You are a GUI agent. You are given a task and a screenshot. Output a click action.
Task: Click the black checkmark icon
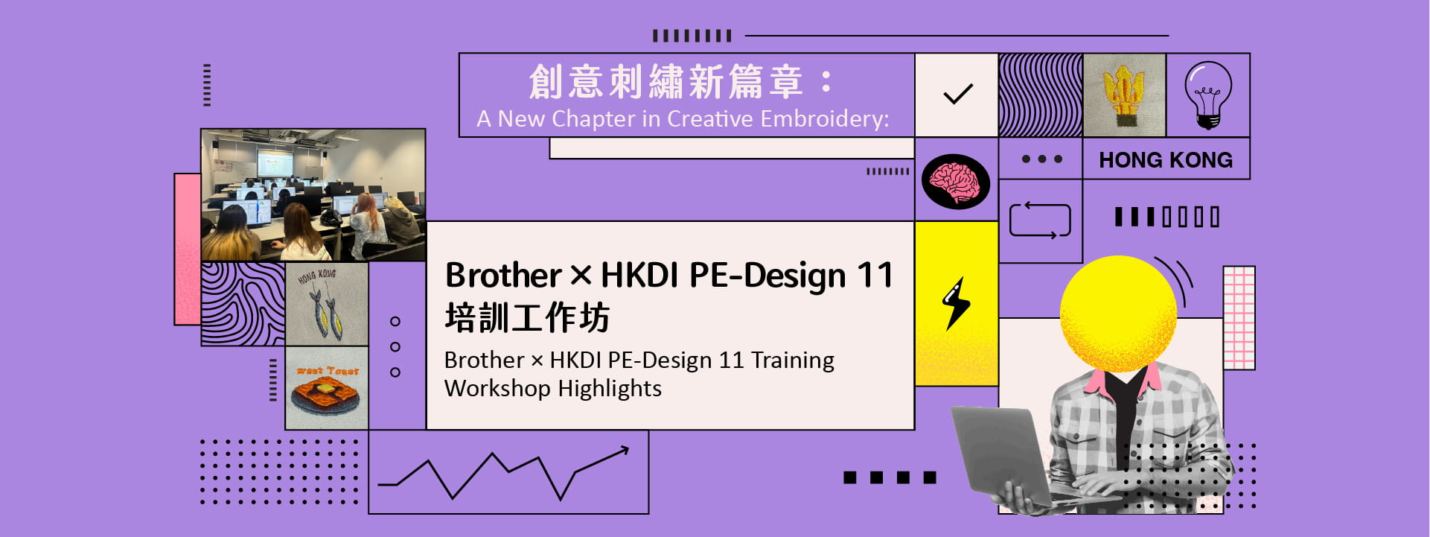pos(958,94)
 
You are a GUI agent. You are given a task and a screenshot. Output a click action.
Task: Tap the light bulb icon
pos(1207,95)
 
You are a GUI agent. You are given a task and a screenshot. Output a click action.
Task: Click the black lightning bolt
pos(957,303)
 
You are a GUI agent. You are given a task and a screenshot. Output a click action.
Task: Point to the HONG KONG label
pos(1166,159)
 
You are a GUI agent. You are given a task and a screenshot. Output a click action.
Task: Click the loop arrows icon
pos(1040,220)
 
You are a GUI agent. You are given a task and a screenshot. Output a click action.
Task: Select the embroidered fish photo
pos(327,304)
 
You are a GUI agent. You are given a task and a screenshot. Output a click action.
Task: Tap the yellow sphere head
pos(1118,314)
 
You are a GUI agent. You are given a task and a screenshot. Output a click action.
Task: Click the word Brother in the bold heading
pos(502,276)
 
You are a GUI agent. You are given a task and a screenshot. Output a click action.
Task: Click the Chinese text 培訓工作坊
pos(527,318)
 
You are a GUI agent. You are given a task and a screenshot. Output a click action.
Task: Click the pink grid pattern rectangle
pos(1239,318)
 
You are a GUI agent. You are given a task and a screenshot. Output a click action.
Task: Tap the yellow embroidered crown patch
pos(1124,95)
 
